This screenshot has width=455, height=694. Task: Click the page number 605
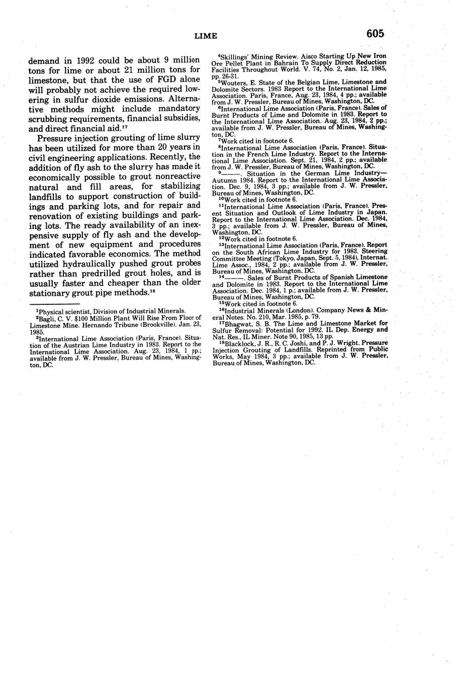coord(375,34)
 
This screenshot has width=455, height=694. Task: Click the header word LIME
coord(206,36)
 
